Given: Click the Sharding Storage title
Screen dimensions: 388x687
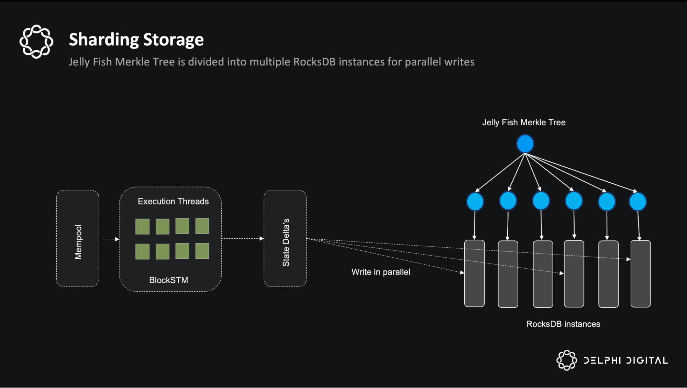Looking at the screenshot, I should (136, 40).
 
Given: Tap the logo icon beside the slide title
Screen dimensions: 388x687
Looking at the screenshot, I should (36, 41).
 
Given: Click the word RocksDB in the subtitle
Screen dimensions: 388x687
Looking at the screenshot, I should (314, 62).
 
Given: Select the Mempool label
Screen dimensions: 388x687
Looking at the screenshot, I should (78, 242).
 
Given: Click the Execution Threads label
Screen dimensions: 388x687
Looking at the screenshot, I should (173, 202).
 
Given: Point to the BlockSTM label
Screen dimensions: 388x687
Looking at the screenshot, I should (168, 280).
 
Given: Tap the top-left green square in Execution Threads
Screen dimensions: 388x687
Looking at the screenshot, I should (142, 227).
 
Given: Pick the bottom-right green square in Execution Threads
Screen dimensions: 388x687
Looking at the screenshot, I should (202, 251).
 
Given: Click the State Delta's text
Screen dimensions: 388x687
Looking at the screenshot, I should (286, 242).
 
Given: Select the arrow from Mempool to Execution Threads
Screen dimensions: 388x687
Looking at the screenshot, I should (109, 239).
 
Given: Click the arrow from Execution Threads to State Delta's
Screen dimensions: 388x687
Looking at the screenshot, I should (243, 238).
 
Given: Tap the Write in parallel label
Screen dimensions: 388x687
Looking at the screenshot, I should (380, 272).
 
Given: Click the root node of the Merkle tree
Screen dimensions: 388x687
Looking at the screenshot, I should (525, 144).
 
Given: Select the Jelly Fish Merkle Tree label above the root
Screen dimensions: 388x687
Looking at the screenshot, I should (523, 122).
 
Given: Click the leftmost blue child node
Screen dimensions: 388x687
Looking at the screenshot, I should (475, 202).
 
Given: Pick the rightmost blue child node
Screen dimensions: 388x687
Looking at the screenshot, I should (638, 202).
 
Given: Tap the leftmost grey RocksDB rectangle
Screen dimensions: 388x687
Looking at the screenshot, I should (474, 273).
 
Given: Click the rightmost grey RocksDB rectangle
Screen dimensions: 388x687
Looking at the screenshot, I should (641, 273).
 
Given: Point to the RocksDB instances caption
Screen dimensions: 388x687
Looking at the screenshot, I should (563, 324).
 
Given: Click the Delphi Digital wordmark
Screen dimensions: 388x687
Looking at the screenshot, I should (625, 360).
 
